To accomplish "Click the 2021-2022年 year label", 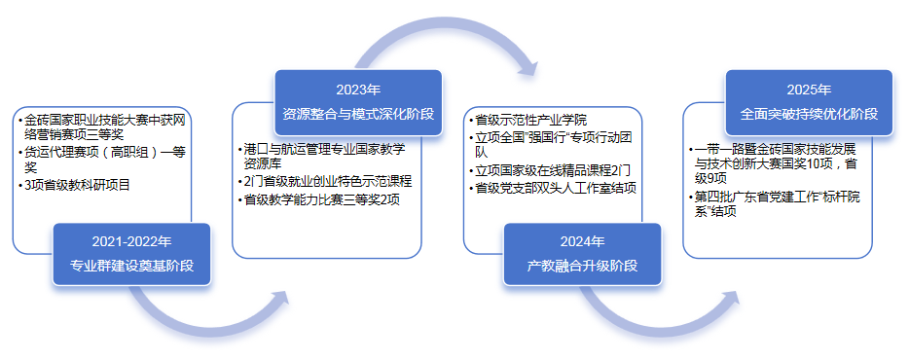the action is tap(131, 241).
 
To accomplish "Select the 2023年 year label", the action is tap(358, 90).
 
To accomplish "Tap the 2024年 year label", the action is tap(582, 241).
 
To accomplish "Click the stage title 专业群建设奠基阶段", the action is tap(131, 266).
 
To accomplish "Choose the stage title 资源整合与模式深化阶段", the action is tap(358, 114).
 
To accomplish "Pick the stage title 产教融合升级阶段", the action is tap(582, 266).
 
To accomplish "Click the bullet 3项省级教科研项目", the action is tap(77, 186).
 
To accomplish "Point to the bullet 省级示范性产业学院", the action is tap(530, 121).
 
